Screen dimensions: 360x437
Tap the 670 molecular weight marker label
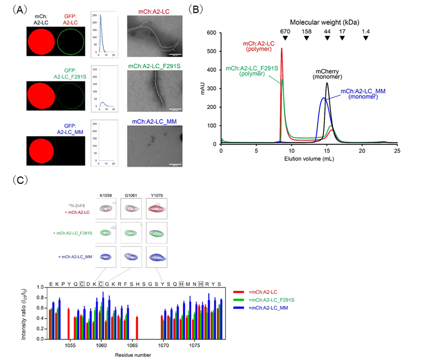pos(285,31)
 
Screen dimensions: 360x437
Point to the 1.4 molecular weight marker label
pos(366,31)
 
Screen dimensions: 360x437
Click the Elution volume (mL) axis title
pos(309,159)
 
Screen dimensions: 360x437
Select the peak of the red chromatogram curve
pos(282,49)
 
